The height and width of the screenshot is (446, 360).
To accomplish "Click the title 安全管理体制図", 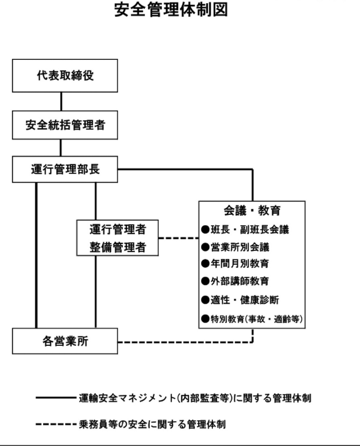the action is pos(171,9).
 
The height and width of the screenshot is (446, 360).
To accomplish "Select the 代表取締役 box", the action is pos(65,75).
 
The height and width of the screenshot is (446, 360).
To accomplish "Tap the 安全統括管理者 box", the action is pos(65,125).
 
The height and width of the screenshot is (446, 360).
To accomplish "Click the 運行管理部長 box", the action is pos(65,169).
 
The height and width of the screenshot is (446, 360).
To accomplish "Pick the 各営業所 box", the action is pos(65,341).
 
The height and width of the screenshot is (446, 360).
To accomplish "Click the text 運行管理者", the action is pos(118,229).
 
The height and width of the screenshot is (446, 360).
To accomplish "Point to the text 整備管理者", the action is pos(118,247).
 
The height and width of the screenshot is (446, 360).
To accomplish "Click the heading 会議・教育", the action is pos(252,211).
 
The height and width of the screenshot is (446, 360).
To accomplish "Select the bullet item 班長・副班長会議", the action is pos(245,229).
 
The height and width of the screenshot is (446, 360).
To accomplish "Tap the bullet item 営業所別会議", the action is pos(235,247).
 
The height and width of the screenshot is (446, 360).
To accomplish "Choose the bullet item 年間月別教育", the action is pos(235,264).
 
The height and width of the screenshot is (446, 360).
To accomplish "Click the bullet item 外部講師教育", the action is pos(235,281).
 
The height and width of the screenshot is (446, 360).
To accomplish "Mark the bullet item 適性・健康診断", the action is pos(240,300).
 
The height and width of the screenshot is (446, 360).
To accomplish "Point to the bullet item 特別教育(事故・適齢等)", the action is pos(252,319).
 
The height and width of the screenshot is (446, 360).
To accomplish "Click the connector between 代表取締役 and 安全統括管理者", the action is pos(61,102).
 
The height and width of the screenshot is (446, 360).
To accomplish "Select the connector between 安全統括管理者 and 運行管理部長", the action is pos(60,148).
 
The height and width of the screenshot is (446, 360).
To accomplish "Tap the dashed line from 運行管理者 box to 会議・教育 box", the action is pos(178,238).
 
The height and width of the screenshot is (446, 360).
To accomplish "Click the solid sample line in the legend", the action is pos(57,398).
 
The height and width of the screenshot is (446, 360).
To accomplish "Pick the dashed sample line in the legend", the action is pos(57,424).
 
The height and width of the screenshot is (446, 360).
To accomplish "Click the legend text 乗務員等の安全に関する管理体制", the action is pos(153,424).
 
